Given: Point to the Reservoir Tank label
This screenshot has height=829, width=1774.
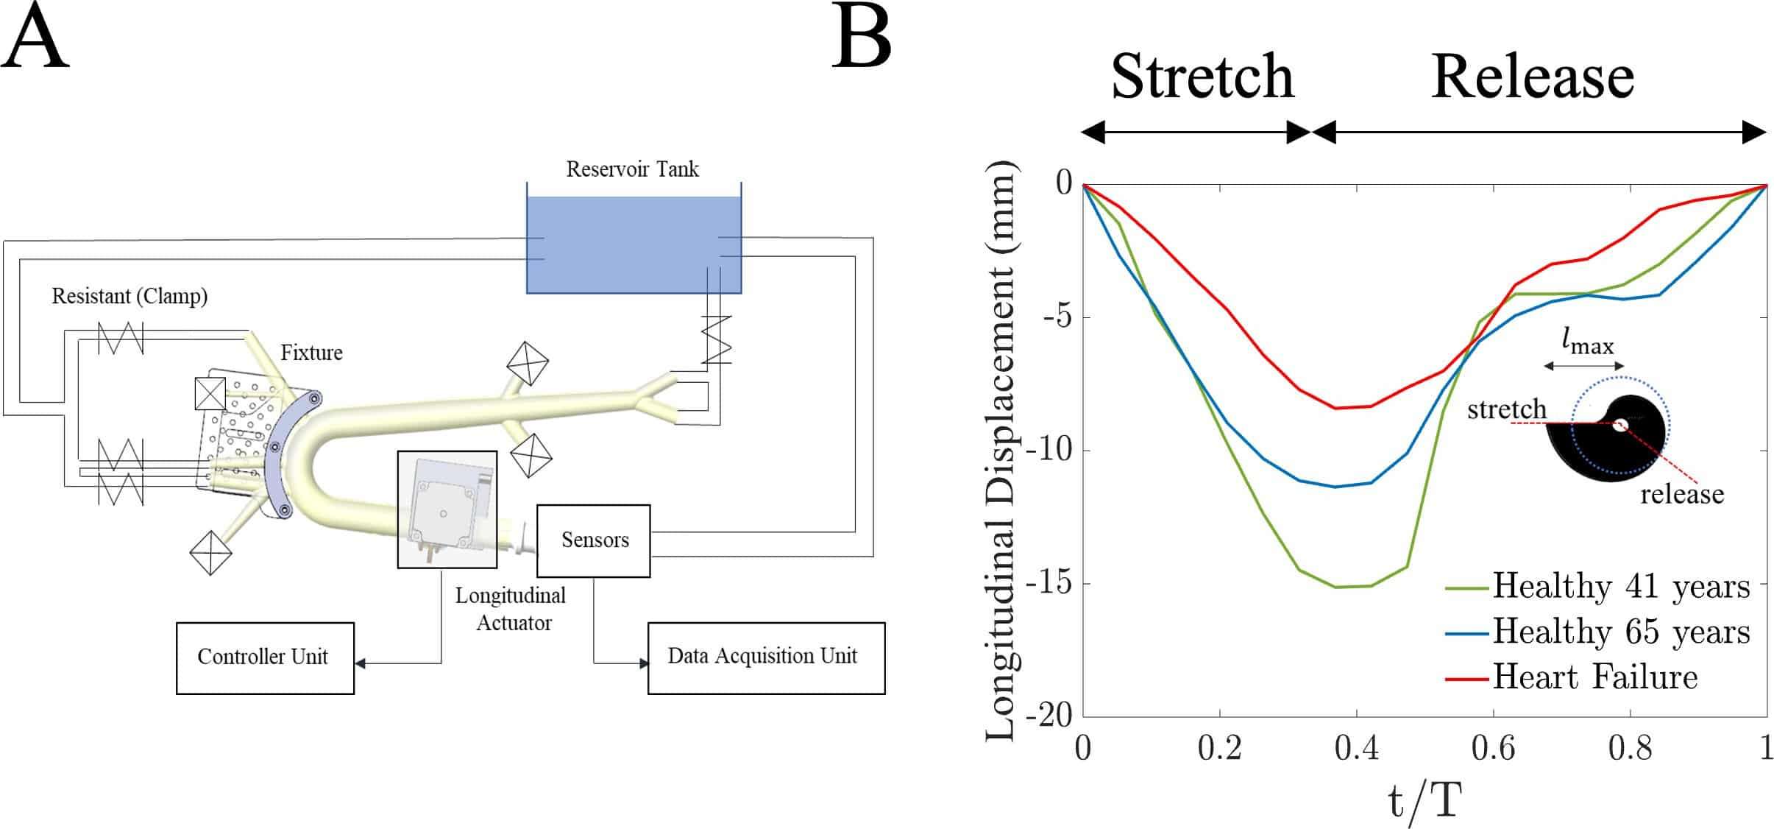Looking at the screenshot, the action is [632, 169].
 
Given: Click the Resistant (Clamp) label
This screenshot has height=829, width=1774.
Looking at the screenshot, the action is [129, 296].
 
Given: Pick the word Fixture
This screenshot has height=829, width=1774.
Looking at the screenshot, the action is [311, 353].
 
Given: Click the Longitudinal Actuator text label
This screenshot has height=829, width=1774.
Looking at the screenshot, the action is [511, 609].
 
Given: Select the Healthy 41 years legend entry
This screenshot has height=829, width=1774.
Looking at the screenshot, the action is [1597, 587].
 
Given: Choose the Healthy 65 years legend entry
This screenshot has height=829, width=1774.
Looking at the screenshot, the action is [1597, 632].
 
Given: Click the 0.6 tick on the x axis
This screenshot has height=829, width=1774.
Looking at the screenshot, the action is [1493, 749].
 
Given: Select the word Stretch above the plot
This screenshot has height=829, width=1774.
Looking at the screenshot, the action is [1202, 77].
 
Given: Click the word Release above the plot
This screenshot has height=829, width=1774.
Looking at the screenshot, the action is [1533, 77].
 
